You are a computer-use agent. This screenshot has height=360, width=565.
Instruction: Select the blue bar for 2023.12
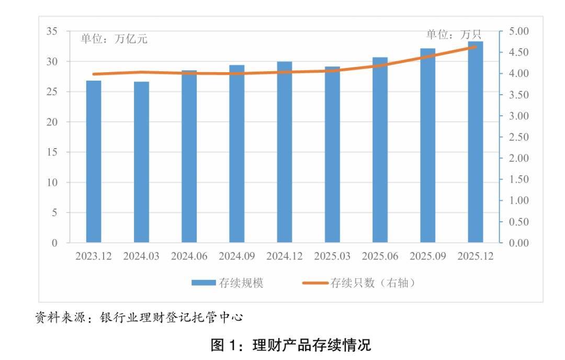(x=94, y=162)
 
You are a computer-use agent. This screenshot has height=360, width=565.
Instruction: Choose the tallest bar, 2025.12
(x=475, y=142)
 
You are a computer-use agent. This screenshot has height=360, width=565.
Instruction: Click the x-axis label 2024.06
(x=189, y=257)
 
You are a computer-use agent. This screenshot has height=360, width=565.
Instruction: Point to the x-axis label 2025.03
(x=332, y=257)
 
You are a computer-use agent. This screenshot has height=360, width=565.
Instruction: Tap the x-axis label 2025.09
(x=428, y=257)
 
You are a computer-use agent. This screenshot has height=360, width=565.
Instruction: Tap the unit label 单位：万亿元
(x=114, y=39)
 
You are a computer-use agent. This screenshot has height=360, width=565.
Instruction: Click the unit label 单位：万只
(x=454, y=35)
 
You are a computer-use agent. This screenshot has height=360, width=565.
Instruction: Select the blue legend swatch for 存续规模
(x=204, y=283)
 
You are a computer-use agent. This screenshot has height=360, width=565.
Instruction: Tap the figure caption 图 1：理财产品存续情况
(x=290, y=345)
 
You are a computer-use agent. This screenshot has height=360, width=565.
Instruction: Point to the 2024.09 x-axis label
(x=237, y=257)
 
